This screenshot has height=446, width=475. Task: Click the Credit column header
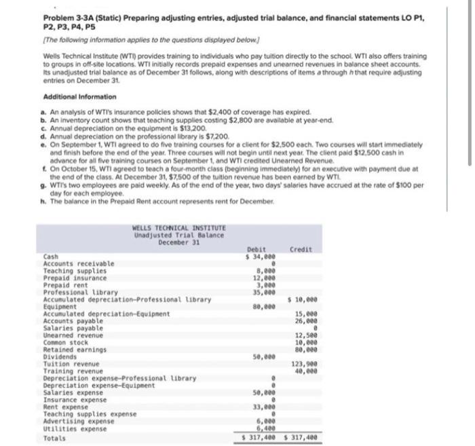point(301,249)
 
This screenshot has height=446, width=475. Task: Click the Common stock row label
point(66,343)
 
